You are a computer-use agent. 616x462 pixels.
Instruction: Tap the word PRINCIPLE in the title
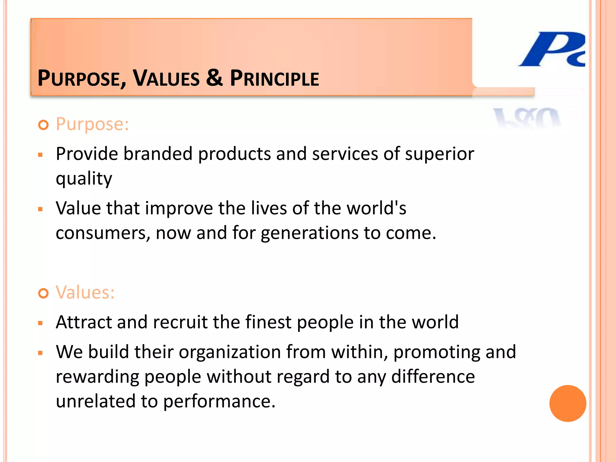click(274, 78)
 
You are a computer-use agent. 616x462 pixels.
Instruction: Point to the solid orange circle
click(568, 403)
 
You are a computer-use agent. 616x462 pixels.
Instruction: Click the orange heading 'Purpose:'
click(92, 124)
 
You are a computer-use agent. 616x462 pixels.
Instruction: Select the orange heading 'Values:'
click(85, 292)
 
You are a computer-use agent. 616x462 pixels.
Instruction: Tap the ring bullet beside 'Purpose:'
click(44, 125)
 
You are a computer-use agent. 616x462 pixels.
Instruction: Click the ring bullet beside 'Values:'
click(44, 293)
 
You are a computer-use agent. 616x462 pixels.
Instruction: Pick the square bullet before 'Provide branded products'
click(41, 155)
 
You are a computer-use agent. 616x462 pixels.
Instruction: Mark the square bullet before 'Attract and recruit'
click(41, 323)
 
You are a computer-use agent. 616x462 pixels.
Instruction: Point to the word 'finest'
click(268, 322)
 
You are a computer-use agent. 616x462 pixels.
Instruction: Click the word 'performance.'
click(219, 402)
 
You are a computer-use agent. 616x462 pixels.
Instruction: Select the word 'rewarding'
click(97, 377)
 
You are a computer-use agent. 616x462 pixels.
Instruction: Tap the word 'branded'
click(158, 154)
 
